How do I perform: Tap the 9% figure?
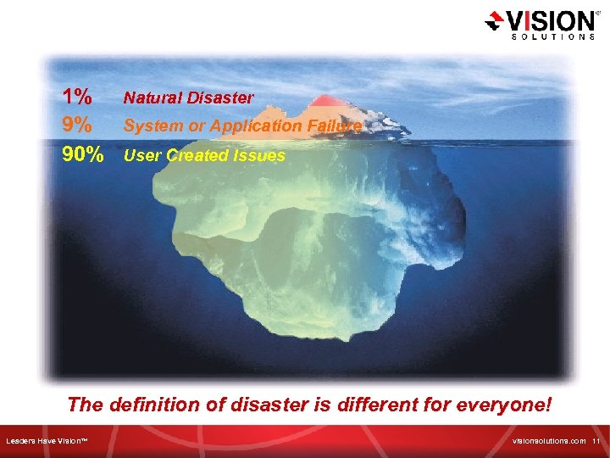(x=76, y=125)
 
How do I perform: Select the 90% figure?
(x=82, y=155)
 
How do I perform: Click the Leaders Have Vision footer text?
(x=53, y=441)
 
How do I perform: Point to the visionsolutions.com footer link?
(x=549, y=441)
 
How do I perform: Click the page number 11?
(x=596, y=441)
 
